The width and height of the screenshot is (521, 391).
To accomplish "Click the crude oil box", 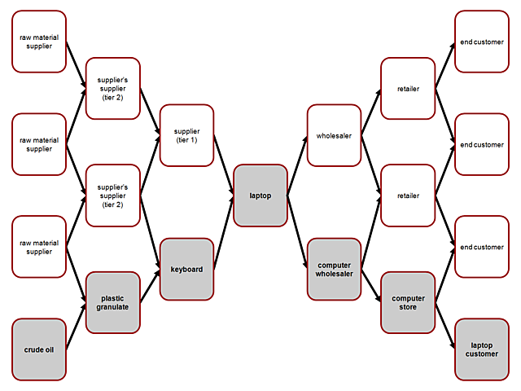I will coord(39,350).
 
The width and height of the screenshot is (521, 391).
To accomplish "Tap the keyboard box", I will coord(186,268).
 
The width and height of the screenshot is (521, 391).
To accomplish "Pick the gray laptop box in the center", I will coord(260,195).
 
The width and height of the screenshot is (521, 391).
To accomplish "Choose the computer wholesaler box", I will coord(334,269).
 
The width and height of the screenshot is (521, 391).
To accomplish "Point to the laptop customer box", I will coord(481,349).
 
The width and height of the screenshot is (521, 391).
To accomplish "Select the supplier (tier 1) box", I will coord(186,134).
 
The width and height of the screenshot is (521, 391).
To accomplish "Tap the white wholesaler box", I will coord(334,135).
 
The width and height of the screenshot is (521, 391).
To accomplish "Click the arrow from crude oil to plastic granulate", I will coord(76,327).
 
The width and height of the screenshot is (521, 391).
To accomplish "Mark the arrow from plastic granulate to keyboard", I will coord(150,286).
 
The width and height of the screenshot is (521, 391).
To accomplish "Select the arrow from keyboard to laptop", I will coord(223,232).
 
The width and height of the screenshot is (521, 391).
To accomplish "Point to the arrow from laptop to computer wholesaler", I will coord(297,232).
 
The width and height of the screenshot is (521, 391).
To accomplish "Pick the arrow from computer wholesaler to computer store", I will coord(371,286).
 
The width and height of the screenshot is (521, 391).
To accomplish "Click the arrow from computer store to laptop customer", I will coord(444,327).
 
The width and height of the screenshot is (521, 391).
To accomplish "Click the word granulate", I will coord(113,308).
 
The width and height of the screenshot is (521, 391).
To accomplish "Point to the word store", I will coord(408,308).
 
